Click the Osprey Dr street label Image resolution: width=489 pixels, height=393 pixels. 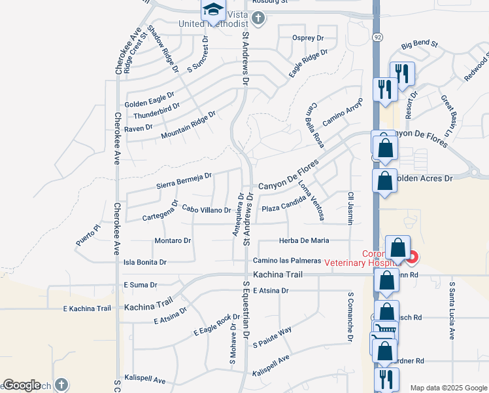click(308, 38)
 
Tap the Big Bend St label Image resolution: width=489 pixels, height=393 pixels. click(419, 44)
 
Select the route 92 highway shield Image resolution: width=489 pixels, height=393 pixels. click(377, 38)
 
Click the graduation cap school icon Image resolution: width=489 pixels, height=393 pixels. click(213, 9)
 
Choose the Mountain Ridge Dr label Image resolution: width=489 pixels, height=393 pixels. click(188, 125)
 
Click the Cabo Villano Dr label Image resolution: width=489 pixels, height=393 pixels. click(207, 210)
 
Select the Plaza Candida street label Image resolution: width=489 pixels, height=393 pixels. click(284, 208)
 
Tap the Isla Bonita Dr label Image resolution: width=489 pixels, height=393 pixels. click(145, 262)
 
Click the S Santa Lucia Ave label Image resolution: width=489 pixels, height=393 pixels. click(451, 310)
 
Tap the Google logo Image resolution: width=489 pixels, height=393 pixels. click(22, 385)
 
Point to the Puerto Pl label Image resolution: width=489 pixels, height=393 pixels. click(88, 234)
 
